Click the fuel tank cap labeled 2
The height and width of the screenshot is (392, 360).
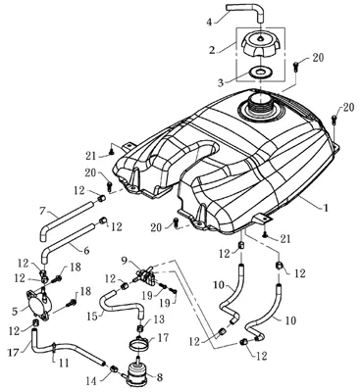(x=260, y=46)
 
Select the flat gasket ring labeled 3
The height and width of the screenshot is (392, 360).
(x=260, y=72)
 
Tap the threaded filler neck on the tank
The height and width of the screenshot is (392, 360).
(x=260, y=104)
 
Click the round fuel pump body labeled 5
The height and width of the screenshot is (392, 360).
(x=37, y=304)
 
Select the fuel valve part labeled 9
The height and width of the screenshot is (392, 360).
(x=144, y=275)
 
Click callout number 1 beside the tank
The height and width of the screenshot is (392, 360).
(x=325, y=208)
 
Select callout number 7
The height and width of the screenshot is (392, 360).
(x=42, y=211)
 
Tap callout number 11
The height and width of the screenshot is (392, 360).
(x=63, y=363)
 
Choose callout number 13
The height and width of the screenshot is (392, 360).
(x=160, y=319)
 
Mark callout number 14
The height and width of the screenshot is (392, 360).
(x=92, y=380)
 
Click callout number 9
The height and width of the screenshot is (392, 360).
(x=124, y=262)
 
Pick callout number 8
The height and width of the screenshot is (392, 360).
(x=160, y=378)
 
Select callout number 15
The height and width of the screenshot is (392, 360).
(x=93, y=317)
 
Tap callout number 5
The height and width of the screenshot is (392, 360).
(x=14, y=312)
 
